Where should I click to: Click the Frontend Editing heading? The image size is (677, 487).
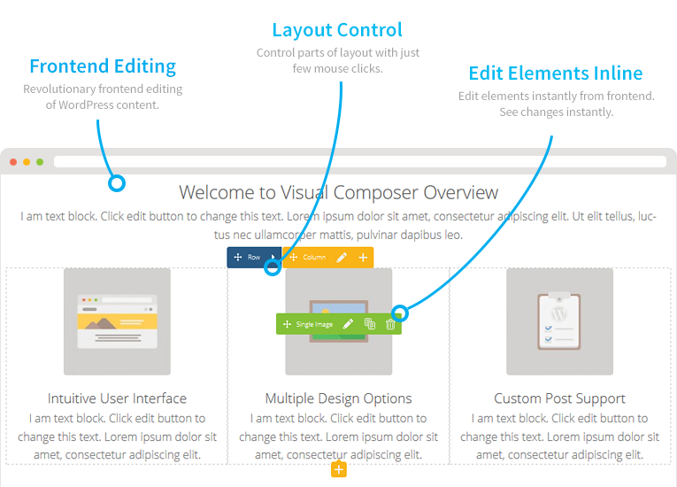click(x=103, y=66)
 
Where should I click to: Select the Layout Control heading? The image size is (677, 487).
click(x=337, y=30)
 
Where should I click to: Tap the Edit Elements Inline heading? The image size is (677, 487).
click(x=556, y=73)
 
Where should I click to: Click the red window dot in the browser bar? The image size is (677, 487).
click(x=13, y=162)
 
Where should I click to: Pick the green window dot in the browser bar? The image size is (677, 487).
click(x=40, y=162)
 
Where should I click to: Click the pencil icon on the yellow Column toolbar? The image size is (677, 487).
click(x=342, y=258)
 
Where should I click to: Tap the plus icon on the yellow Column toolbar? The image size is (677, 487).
click(x=363, y=258)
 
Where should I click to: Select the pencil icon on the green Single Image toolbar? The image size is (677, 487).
click(x=348, y=325)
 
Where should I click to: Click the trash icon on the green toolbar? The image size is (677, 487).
click(x=390, y=325)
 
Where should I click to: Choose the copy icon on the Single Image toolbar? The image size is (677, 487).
click(x=370, y=325)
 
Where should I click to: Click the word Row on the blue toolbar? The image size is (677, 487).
click(x=254, y=258)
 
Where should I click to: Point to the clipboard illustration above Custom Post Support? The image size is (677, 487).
click(x=559, y=321)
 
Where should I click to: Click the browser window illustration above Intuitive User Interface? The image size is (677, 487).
click(x=117, y=321)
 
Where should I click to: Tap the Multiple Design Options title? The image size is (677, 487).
click(x=338, y=398)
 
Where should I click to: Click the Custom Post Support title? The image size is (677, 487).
click(x=559, y=398)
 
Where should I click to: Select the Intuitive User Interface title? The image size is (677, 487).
click(x=117, y=398)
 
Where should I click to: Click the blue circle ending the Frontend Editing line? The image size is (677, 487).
click(x=116, y=184)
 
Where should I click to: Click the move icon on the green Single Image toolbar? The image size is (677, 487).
click(x=287, y=325)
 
